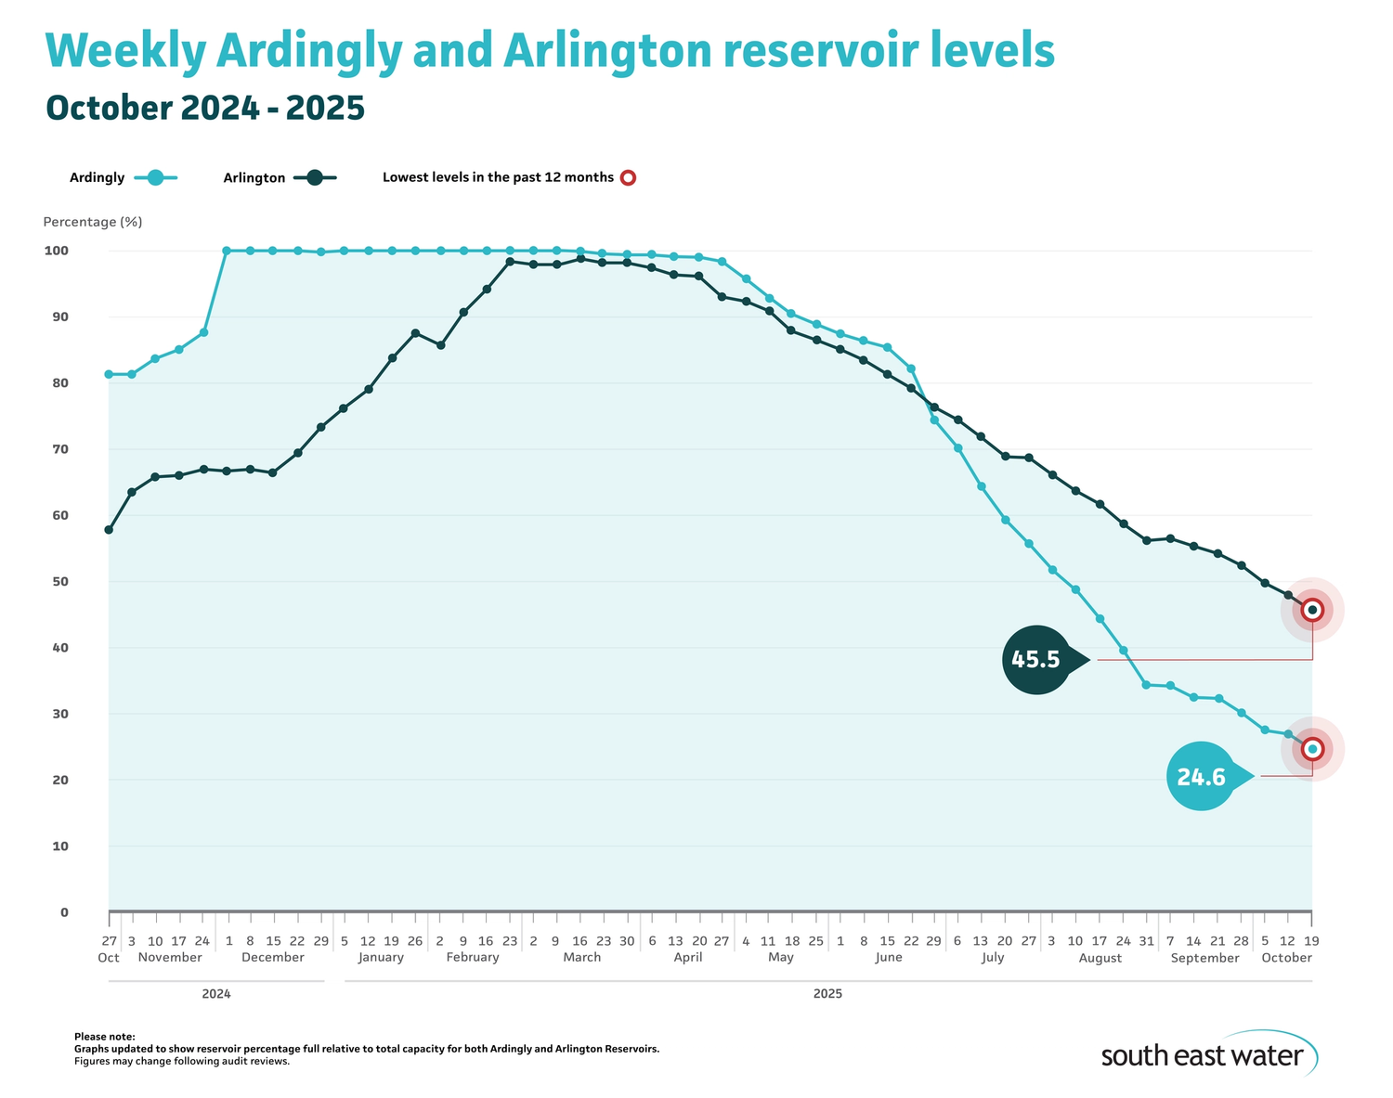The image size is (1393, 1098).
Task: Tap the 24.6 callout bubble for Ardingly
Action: click(x=1202, y=776)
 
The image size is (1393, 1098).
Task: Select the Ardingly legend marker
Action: click(x=155, y=177)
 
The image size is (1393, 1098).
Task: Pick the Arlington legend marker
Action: click(x=316, y=177)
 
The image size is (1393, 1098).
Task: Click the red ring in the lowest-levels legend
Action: click(x=628, y=177)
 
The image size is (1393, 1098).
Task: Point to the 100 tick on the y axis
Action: click(x=57, y=251)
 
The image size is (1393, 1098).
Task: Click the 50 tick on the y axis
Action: click(x=59, y=582)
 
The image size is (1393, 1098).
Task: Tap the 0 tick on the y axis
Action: click(x=64, y=912)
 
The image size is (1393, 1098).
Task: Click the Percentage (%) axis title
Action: click(x=92, y=222)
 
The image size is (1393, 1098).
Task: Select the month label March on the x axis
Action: click(x=582, y=957)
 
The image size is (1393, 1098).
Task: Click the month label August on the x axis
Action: click(x=1100, y=958)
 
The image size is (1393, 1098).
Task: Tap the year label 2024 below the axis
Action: click(x=216, y=993)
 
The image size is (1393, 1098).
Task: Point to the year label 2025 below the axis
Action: click(x=827, y=993)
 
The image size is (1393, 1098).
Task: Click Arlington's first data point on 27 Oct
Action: click(x=109, y=530)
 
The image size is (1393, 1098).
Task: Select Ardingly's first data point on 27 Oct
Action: click(x=109, y=374)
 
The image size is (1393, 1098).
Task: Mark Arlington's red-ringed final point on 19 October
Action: click(x=1311, y=610)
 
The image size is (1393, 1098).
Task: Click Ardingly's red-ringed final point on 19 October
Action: click(x=1311, y=748)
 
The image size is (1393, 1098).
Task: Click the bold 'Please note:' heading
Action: click(x=104, y=1037)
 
